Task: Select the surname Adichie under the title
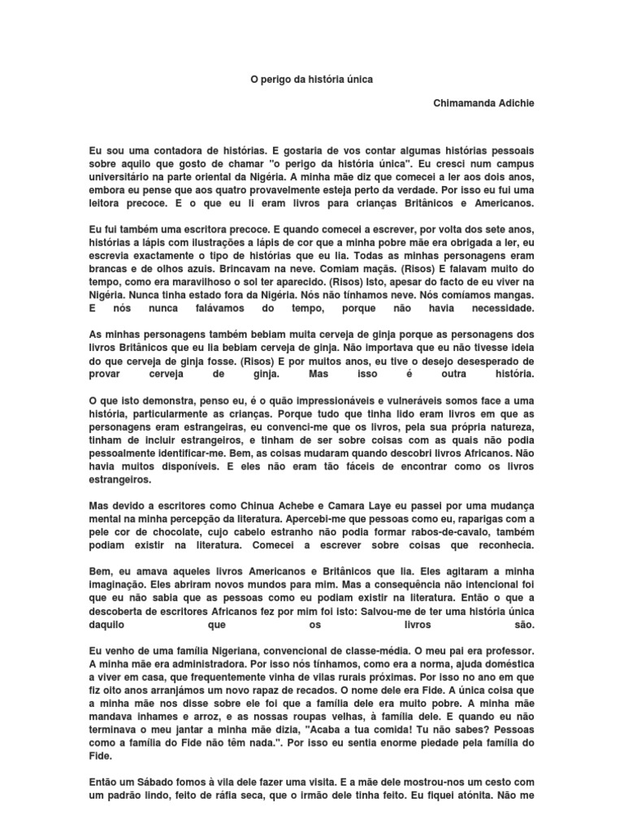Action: coord(516,104)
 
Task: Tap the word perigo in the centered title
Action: coord(279,80)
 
